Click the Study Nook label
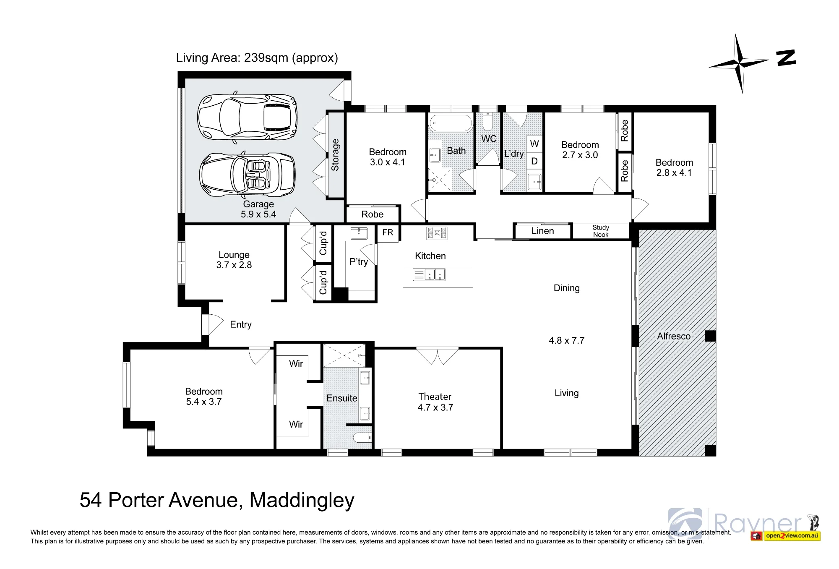tap(601, 231)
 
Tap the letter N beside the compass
tap(786, 58)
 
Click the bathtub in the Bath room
tap(451, 123)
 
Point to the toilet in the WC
tap(488, 121)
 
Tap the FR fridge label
tap(388, 232)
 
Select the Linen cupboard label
tap(542, 231)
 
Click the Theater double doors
tap(437, 356)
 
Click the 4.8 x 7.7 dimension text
tap(566, 341)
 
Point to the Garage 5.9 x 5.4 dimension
tap(258, 214)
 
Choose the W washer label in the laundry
tap(534, 144)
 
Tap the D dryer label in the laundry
tap(534, 161)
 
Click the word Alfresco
tap(674, 336)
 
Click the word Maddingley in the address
tap(302, 500)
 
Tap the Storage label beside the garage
tap(335, 155)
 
